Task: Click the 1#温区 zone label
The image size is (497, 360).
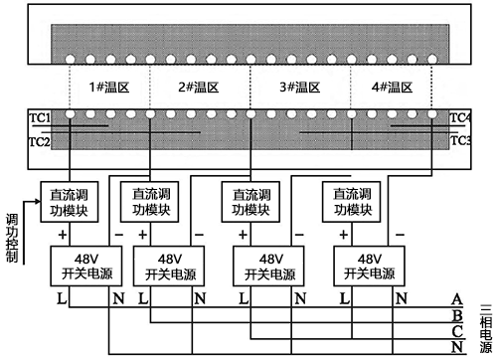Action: [108, 89]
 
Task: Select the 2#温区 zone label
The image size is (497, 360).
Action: [198, 89]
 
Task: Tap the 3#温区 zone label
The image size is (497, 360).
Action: [300, 89]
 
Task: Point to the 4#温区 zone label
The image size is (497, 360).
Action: [392, 89]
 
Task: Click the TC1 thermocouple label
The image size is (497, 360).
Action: [40, 118]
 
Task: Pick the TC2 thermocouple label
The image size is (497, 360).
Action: [40, 141]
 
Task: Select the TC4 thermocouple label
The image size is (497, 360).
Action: [460, 118]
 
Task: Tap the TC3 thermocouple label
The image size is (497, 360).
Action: [460, 141]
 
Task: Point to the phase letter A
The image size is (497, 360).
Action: [456, 299]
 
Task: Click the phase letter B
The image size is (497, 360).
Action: [456, 315]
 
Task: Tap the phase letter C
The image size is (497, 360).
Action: [456, 330]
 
